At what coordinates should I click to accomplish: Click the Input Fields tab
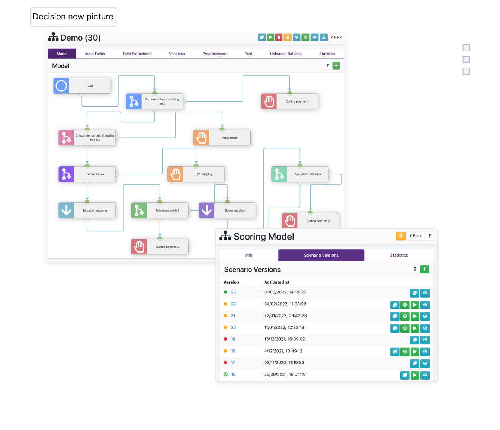[x=95, y=54]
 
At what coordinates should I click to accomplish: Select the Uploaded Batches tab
[x=286, y=54]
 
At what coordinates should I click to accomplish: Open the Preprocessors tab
[x=215, y=54]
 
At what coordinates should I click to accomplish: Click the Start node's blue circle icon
[x=61, y=86]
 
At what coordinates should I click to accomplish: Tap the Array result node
[x=222, y=138]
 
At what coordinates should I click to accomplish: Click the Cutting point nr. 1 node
[x=289, y=102]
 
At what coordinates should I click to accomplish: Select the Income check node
[x=87, y=174]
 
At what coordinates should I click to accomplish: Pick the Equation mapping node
[x=87, y=211]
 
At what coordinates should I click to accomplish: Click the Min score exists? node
[x=160, y=211]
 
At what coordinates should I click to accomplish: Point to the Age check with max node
[x=300, y=174]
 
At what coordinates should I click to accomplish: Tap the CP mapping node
[x=196, y=174]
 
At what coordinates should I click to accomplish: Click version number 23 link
[x=233, y=292]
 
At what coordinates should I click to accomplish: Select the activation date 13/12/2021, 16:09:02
[x=285, y=339]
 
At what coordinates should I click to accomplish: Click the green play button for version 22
[x=415, y=305]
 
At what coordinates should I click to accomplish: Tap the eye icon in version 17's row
[x=425, y=363]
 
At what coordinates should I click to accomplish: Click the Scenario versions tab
[x=321, y=255]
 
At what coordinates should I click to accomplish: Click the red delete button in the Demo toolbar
[x=279, y=37]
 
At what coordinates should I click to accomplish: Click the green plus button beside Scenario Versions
[x=424, y=269]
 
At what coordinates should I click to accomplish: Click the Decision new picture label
[x=73, y=17]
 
